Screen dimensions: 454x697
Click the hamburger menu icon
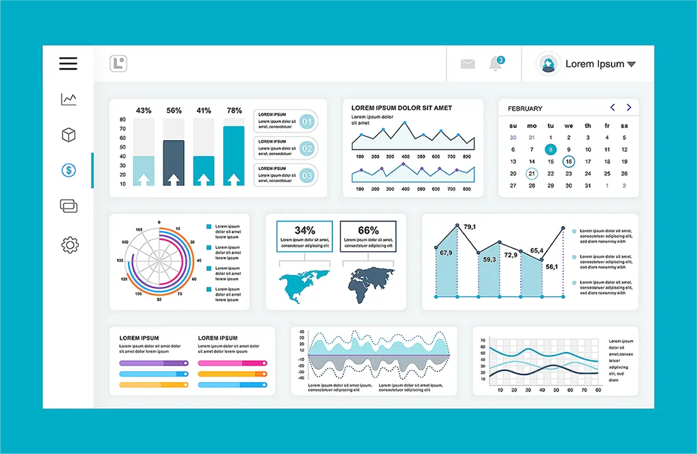tap(68, 64)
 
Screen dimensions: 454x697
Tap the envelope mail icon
tap(468, 64)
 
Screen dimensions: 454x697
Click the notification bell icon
tap(495, 64)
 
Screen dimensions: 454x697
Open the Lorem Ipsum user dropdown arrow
tap(631, 65)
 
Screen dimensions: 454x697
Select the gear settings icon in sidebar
tap(69, 245)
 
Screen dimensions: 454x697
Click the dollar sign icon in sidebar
tap(68, 170)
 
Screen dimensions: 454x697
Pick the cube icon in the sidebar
tap(69, 135)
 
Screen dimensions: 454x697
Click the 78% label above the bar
tap(234, 110)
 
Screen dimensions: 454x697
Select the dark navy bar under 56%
tap(174, 162)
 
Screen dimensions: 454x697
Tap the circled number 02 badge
tap(307, 149)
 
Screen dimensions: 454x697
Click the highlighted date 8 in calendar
tap(550, 150)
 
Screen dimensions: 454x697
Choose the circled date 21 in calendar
tap(532, 174)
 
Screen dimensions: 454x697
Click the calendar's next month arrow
tap(629, 107)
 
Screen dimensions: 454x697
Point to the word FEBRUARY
tap(525, 108)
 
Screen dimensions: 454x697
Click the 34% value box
tap(304, 235)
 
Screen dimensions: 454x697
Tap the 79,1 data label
tap(470, 227)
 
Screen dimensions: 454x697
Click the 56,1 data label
tap(551, 267)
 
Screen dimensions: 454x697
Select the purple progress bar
tap(154, 364)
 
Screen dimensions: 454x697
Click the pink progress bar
tap(232, 364)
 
